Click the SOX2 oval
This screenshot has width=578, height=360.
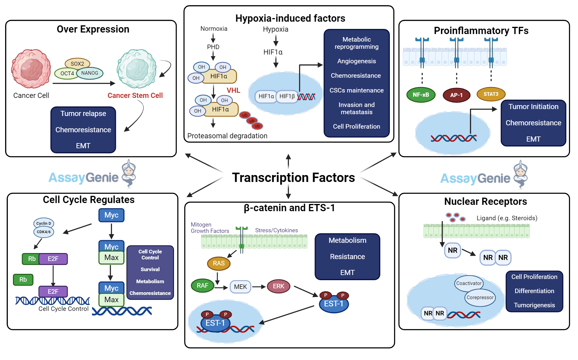pos(77,64)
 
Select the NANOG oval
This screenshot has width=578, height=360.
pos(90,73)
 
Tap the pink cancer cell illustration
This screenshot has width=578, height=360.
pos(31,69)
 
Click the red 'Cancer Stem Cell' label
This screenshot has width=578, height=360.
pos(135,95)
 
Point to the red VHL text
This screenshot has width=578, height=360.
pos(233,90)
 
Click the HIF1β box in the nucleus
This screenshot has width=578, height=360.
pos(287,96)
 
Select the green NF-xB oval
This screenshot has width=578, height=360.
pos(421,95)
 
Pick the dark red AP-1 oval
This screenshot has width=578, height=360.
pos(456,95)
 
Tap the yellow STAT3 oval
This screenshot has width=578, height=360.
pos(491,94)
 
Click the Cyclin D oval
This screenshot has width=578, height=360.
pos(44,223)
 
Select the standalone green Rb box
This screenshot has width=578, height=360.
pos(23,280)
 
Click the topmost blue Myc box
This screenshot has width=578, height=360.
pos(111,215)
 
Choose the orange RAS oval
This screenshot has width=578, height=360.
pos(219,263)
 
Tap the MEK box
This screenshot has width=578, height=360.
pos(240,287)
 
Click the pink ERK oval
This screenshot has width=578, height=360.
pos(278,286)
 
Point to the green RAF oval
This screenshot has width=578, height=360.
pos(203,286)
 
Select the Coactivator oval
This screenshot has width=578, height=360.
pos(468,283)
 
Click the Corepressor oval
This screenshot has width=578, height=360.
pos(480,298)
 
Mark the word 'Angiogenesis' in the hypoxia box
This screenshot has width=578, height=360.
pos(356,61)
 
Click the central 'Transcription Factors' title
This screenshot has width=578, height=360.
pos(293,177)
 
